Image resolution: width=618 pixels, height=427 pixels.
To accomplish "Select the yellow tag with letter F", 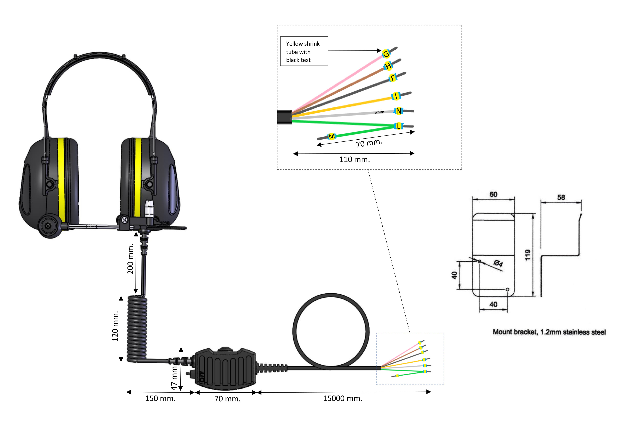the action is click(393, 78).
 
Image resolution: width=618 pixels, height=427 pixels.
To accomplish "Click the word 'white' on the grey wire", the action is click(379, 112).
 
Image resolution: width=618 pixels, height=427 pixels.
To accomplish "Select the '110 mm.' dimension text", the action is click(354, 159).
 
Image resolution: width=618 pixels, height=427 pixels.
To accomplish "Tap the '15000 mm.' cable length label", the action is click(343, 398).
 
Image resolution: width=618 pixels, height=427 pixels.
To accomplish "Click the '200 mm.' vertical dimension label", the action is click(130, 259).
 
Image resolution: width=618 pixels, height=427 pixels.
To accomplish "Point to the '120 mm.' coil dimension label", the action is click(115, 326).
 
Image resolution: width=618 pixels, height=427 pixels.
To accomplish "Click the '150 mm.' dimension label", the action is click(160, 398).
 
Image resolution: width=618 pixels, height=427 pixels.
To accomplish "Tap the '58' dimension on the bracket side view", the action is click(561, 197).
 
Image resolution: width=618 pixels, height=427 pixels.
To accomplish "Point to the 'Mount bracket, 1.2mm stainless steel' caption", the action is click(549, 332).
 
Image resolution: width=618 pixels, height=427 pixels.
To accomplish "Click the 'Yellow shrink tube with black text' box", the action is click(304, 51).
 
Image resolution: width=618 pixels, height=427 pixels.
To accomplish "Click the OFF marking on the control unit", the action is click(202, 376).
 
